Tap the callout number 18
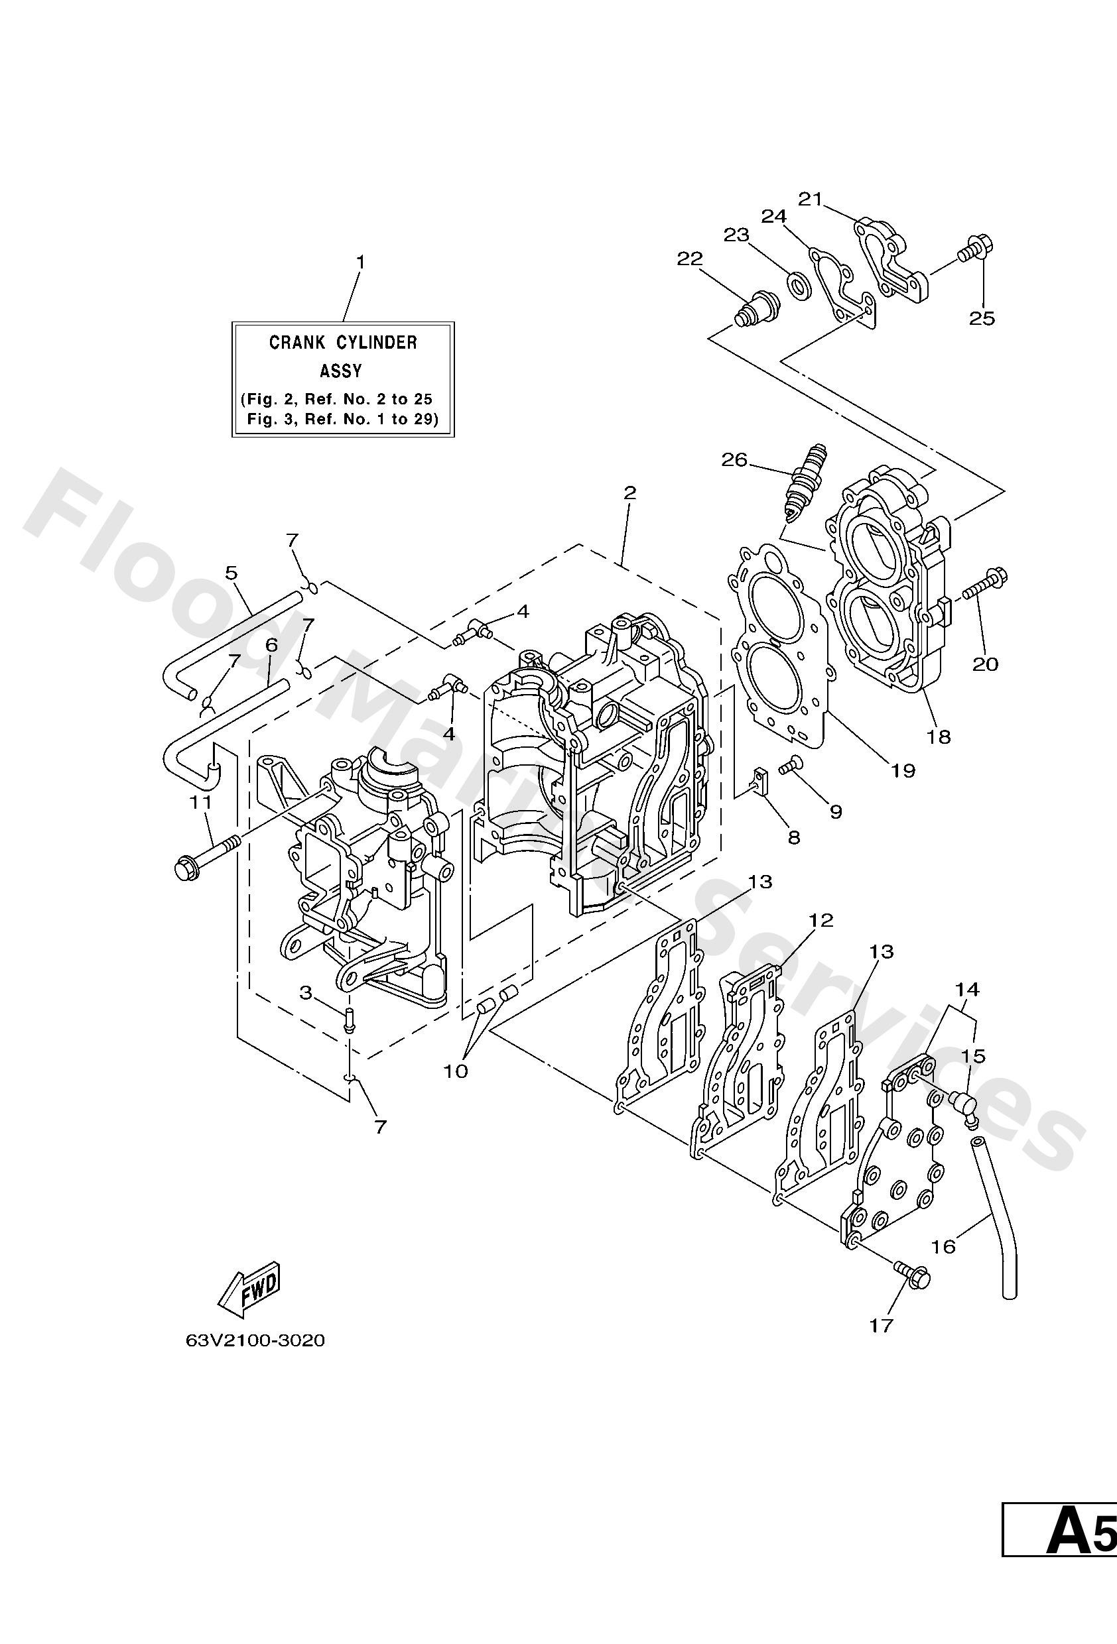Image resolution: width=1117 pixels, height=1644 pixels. (939, 737)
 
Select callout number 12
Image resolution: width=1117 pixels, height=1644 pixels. (822, 920)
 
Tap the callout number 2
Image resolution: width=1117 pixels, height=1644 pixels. (629, 493)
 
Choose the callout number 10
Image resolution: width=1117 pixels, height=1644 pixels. (456, 1071)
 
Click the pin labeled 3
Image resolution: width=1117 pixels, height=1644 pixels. (349, 1020)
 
